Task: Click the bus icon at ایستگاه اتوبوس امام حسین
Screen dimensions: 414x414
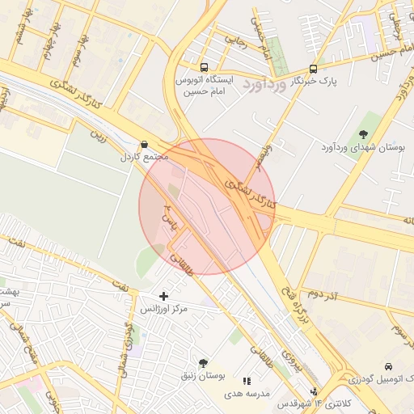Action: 203,68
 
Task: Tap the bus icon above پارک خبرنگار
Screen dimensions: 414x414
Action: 313,69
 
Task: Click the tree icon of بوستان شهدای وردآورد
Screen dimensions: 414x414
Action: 362,134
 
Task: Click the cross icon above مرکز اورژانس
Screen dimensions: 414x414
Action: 164,297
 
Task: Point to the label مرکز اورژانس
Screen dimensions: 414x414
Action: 164,310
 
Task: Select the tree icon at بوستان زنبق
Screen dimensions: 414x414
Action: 203,363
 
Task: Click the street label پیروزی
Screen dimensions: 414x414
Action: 289,354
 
